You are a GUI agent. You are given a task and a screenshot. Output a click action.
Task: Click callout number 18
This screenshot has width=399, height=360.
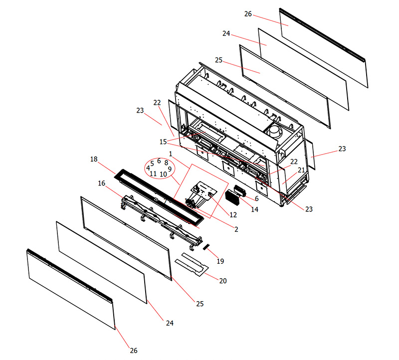click(x=94, y=159)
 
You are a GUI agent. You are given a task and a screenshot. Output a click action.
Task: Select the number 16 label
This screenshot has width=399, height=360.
click(x=102, y=183)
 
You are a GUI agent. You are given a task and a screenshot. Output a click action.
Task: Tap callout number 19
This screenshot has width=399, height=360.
click(x=220, y=260)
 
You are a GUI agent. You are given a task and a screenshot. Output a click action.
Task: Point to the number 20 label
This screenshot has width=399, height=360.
click(x=223, y=281)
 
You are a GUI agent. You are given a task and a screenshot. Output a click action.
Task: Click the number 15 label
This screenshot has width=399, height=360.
click(x=163, y=142)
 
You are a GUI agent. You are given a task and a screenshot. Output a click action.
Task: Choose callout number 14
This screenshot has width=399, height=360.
click(x=254, y=210)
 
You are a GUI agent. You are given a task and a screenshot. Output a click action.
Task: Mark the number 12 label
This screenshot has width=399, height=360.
click(x=233, y=215)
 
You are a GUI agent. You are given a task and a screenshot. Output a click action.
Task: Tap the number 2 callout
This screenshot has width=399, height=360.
click(x=236, y=229)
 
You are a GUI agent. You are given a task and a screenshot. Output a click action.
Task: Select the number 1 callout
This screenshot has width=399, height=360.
click(x=171, y=154)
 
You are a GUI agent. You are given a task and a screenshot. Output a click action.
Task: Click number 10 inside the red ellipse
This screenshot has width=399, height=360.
click(x=163, y=175)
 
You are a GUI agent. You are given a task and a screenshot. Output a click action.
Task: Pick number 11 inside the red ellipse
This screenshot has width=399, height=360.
click(x=153, y=174)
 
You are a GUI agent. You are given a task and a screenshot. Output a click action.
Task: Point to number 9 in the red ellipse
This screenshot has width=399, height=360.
click(x=170, y=169)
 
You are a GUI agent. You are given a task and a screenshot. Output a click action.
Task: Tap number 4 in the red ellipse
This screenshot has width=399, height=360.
click(x=148, y=168)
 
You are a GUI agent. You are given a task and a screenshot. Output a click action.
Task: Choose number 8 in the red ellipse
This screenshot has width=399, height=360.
click(x=166, y=163)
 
